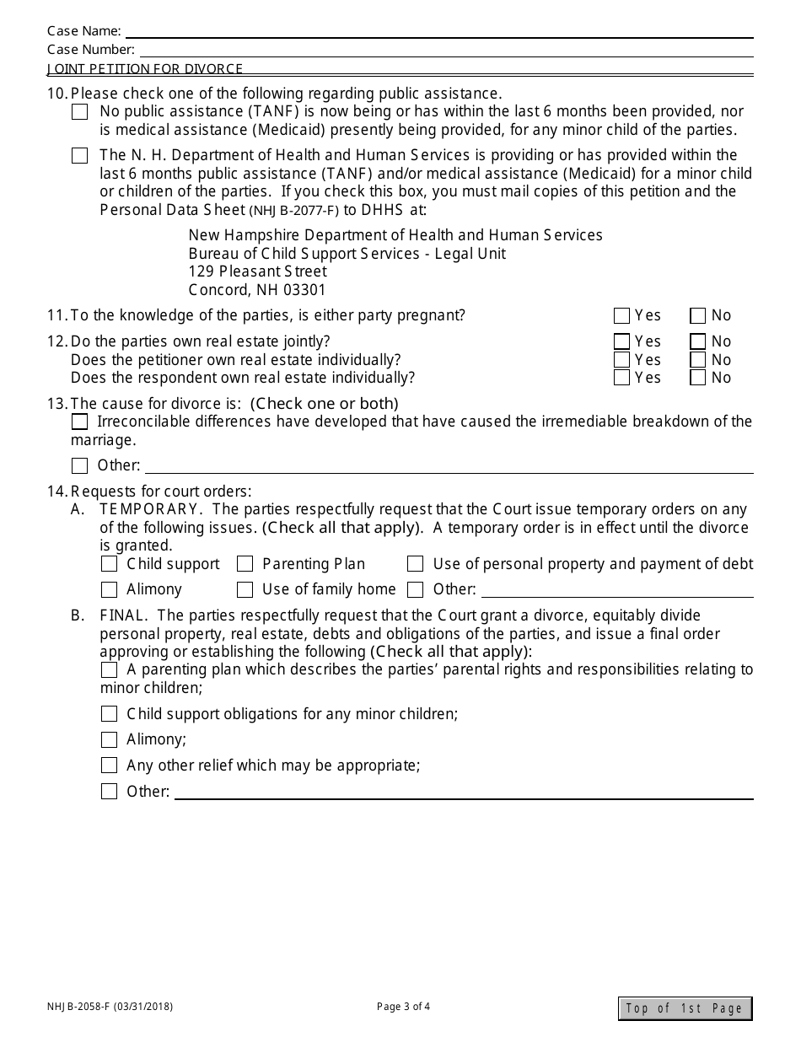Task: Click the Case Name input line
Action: click(438, 31)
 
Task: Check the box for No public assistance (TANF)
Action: click(79, 112)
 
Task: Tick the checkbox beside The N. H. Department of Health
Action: click(79, 156)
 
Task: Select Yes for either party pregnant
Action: click(622, 316)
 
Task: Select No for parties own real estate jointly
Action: click(697, 341)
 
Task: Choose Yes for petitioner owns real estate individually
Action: click(622, 360)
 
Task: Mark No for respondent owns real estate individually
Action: click(697, 378)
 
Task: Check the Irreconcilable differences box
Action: click(79, 422)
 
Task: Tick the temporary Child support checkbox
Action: click(109, 564)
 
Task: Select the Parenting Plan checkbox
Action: click(245, 564)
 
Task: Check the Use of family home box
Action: click(245, 589)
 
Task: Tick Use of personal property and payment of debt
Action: click(415, 564)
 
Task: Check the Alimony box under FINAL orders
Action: click(109, 740)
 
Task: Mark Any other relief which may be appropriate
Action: click(109, 766)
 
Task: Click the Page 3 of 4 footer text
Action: click(403, 1006)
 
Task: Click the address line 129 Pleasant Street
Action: click(257, 271)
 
